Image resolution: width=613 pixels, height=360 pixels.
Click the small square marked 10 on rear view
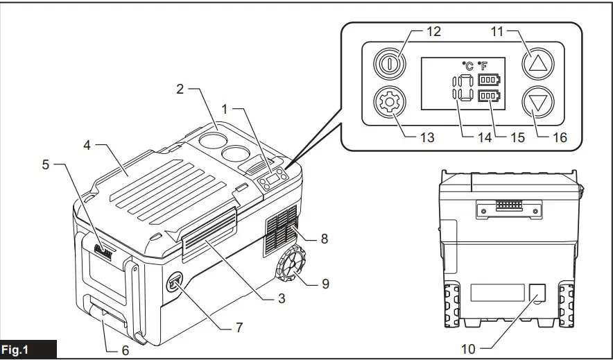[536, 293]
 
